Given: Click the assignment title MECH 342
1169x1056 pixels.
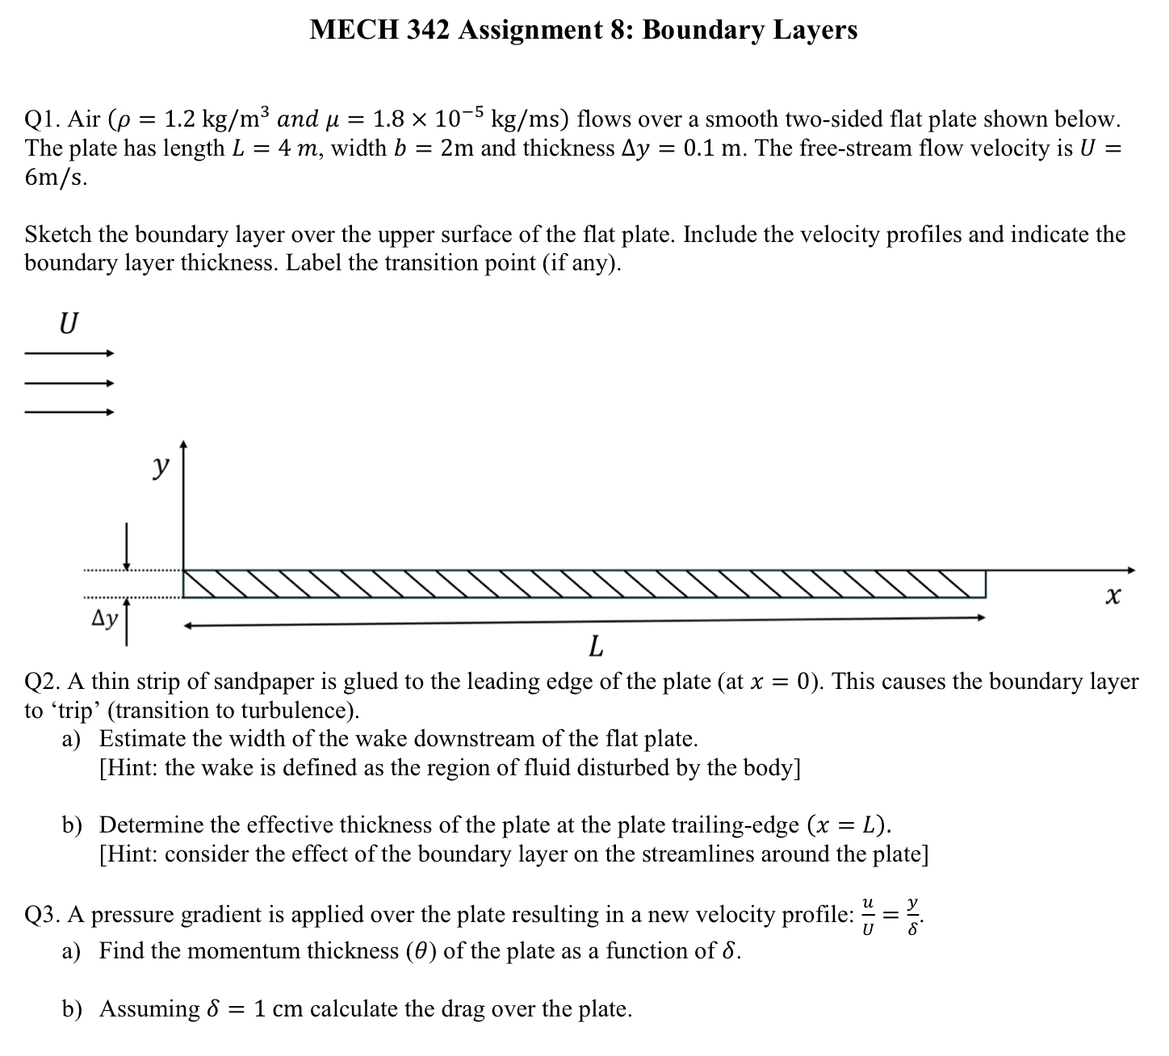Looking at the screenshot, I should (583, 30).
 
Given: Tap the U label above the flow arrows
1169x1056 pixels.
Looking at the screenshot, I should (69, 323).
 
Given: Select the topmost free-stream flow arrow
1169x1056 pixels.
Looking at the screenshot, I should (69, 353).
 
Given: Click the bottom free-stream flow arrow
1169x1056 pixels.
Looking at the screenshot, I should (69, 412).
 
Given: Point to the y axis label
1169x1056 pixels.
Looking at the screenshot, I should (162, 465).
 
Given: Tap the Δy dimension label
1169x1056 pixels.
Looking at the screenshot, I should (104, 619).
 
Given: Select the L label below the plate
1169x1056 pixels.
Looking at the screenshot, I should (596, 646).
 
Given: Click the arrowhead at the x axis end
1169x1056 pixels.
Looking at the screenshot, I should (1131, 570).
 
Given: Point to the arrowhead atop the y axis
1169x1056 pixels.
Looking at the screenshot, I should (184, 445).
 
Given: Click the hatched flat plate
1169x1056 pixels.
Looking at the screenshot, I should (584, 584).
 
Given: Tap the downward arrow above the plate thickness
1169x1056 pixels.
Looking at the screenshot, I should (126, 547).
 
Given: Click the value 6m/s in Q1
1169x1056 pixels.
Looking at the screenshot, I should (56, 177).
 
